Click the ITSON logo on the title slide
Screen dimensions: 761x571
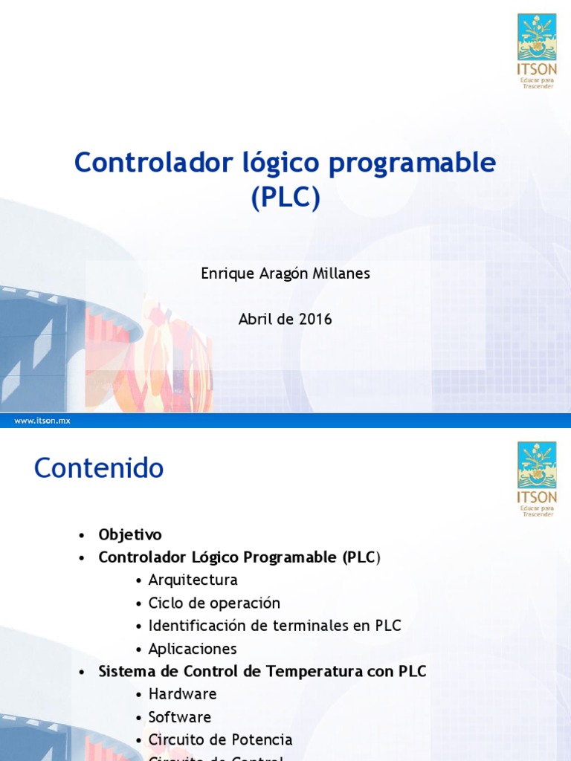(537, 50)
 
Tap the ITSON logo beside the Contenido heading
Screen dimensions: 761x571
(537, 479)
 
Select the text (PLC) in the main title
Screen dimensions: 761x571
(285, 198)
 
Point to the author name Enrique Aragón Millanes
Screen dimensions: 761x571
(285, 273)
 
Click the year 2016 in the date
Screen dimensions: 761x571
(316, 320)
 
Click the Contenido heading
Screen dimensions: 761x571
(99, 468)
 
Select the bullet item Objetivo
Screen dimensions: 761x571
(130, 534)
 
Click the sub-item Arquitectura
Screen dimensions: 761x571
(193, 580)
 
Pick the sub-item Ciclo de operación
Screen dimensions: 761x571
(214, 603)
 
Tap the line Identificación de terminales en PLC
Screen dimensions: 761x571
(274, 626)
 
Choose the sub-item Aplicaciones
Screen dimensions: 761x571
(193, 649)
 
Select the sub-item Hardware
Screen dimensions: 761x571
(183, 694)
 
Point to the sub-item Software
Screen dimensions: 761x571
(180, 717)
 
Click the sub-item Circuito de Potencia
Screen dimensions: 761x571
(220, 740)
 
